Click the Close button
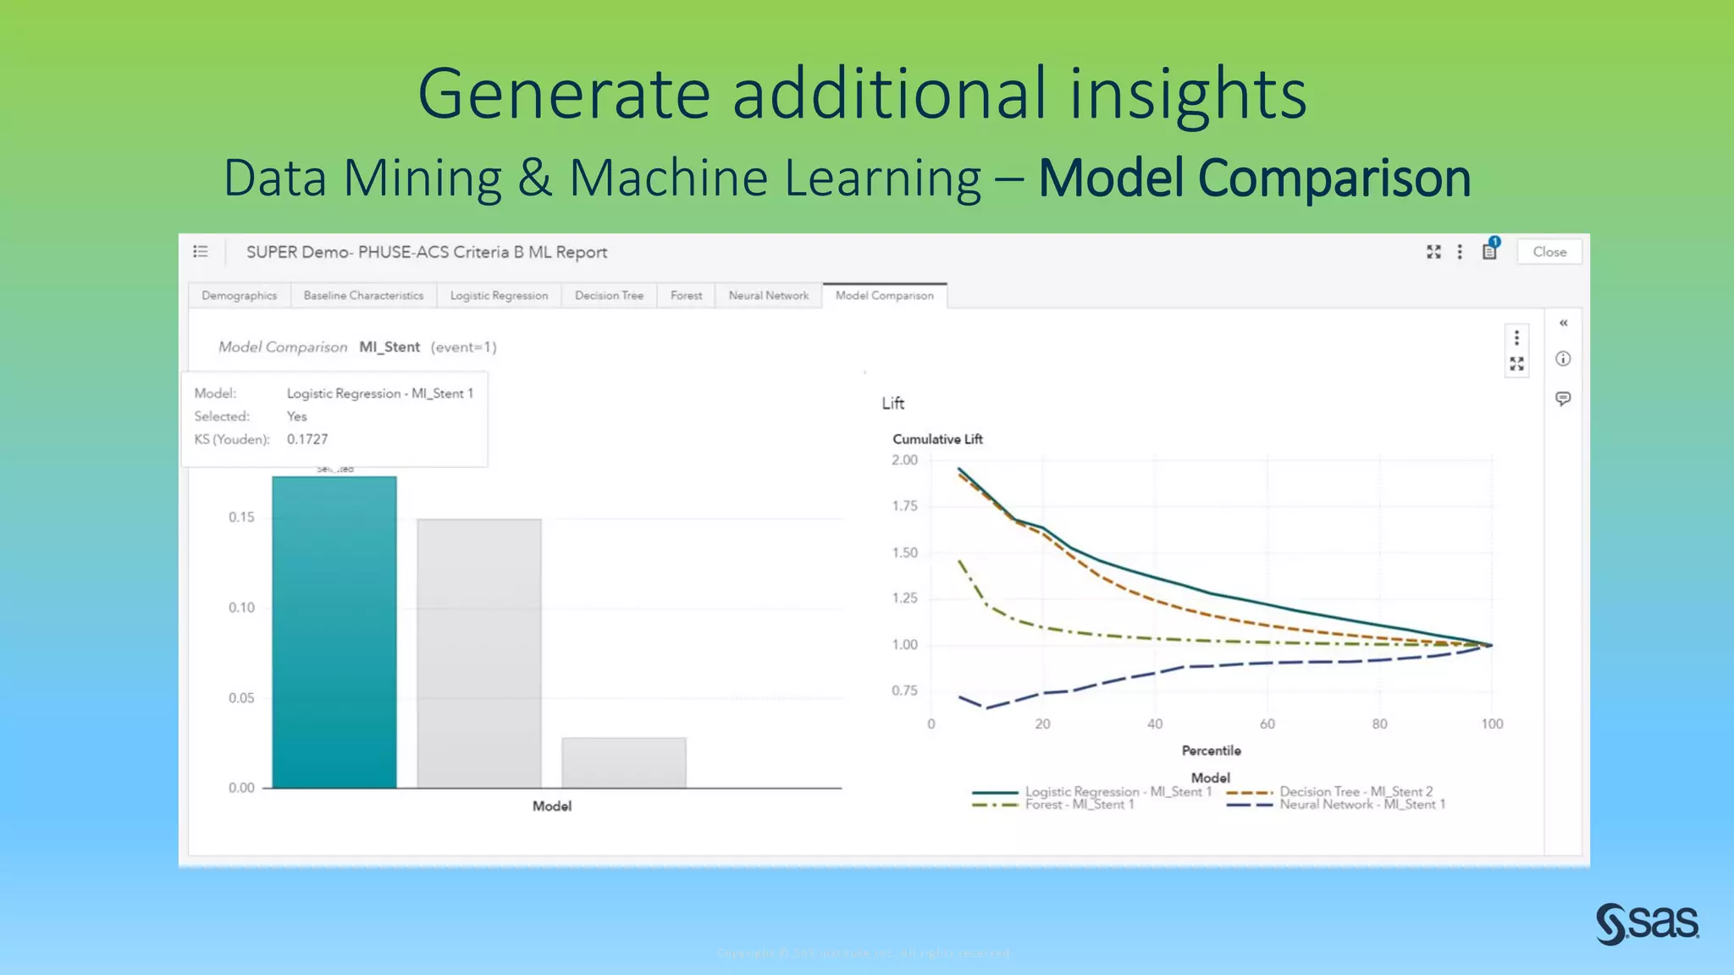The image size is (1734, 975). point(1549,252)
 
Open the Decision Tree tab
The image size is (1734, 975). point(609,295)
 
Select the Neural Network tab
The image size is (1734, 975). point(768,295)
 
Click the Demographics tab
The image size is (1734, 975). point(239,295)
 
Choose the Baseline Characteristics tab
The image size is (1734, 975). point(363,295)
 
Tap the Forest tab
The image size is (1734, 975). point(686,295)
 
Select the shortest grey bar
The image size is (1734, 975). point(624,763)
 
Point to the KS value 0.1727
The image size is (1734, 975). point(307,439)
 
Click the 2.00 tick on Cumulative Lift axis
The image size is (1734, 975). point(904,460)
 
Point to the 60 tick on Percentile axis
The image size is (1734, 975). point(1267,724)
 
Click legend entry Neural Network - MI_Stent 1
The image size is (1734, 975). point(1361,805)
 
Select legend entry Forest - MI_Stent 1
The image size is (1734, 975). point(1079,805)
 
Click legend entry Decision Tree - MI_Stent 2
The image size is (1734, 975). point(1356,791)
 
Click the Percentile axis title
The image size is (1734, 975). point(1211,751)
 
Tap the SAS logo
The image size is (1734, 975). point(1647,923)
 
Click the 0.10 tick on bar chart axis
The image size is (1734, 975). point(241,608)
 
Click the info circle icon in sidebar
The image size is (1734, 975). point(1563,359)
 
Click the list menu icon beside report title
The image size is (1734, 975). point(201,251)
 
